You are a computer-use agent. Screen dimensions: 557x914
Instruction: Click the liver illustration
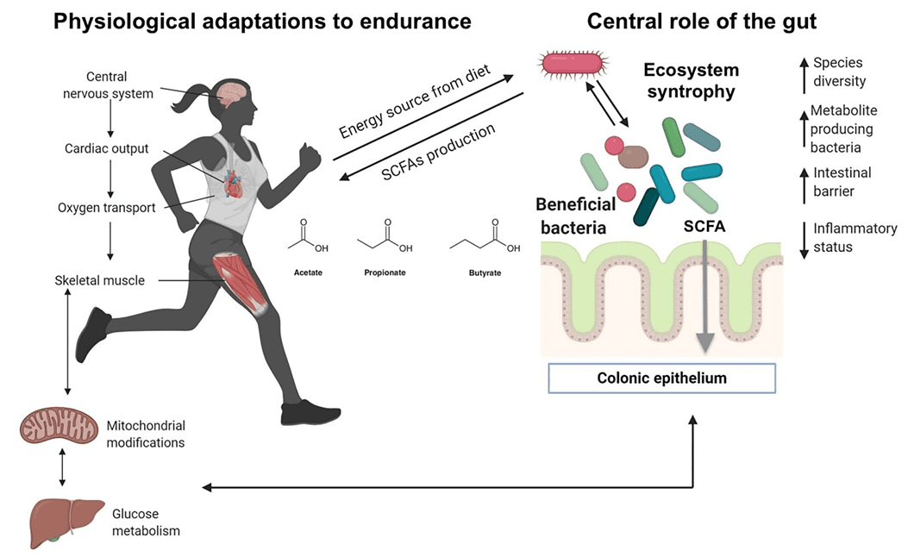pos(64,521)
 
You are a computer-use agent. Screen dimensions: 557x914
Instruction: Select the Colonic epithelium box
pos(662,379)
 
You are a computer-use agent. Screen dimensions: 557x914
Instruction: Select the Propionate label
pos(385,273)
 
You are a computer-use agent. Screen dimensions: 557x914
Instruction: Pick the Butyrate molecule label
pos(484,273)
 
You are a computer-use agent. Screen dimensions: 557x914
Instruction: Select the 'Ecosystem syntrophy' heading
pos(691,79)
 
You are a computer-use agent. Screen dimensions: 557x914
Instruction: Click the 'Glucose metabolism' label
pos(146,523)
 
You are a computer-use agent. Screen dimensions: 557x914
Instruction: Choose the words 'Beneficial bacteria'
pos(576,215)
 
